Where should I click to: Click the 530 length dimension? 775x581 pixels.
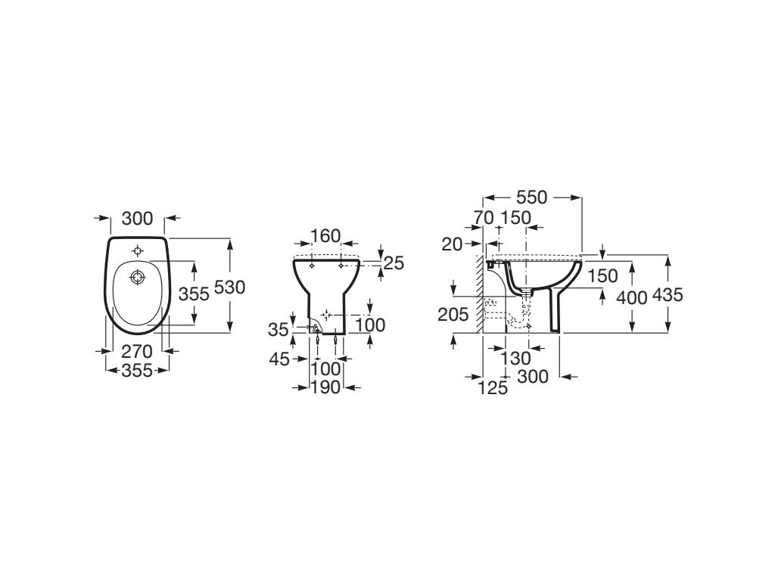[230, 287]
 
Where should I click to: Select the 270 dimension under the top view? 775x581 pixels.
[137, 352]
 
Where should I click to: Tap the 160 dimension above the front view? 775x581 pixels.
[325, 236]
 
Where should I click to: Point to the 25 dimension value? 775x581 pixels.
[394, 263]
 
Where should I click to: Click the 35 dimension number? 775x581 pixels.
[279, 329]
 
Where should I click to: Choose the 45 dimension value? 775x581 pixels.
[279, 359]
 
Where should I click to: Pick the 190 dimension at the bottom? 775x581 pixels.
[325, 388]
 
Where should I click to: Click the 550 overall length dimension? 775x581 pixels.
[532, 197]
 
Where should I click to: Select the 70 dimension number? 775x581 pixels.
[484, 217]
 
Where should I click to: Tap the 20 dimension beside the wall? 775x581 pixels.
[452, 244]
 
